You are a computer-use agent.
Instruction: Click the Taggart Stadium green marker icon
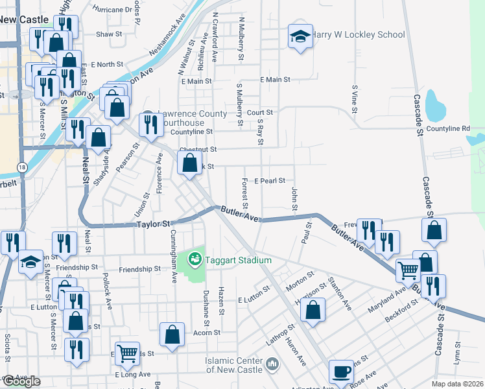(194, 260)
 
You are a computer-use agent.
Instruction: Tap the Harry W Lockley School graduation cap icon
(300, 36)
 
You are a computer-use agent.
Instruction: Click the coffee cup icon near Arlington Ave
(341, 371)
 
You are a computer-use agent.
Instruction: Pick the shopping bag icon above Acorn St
(172, 335)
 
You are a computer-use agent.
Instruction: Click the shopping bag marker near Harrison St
(313, 310)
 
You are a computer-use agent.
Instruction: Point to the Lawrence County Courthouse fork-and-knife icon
(152, 124)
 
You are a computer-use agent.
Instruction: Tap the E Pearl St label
(270, 181)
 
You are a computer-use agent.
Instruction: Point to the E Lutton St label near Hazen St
(252, 300)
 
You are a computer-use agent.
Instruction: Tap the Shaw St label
(109, 34)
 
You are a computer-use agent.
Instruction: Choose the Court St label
(264, 112)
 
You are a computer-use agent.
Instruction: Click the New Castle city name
(25, 19)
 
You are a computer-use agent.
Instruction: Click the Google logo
(21, 381)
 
